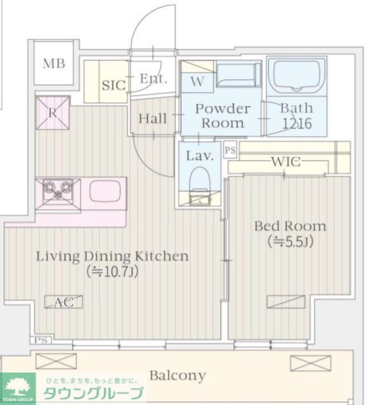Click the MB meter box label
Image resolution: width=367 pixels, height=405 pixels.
coord(54,64)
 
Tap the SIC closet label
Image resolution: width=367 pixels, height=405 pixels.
coord(114,85)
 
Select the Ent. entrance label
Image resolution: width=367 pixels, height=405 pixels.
coord(153,78)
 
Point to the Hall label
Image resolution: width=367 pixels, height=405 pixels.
coord(153,119)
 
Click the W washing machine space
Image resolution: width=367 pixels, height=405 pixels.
coord(198,81)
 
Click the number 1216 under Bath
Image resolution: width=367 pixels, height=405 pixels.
coord(297,124)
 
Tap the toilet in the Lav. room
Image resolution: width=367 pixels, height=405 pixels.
coord(200,185)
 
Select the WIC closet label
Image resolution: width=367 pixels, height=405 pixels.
coord(286,162)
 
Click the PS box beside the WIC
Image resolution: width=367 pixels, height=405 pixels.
coord(230,150)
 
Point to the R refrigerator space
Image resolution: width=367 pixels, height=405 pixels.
coord(53,113)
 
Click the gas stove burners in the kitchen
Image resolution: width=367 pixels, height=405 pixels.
coord(58,190)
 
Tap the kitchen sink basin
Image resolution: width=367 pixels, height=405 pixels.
coord(105,190)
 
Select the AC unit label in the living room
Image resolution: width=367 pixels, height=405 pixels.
coord(64,302)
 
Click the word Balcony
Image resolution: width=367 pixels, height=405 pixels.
coord(178,376)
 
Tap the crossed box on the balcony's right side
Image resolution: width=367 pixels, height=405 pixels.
coord(311,363)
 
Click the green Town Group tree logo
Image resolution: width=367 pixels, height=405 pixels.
coord(18,388)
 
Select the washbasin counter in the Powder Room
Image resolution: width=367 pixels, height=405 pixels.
coord(239,74)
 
